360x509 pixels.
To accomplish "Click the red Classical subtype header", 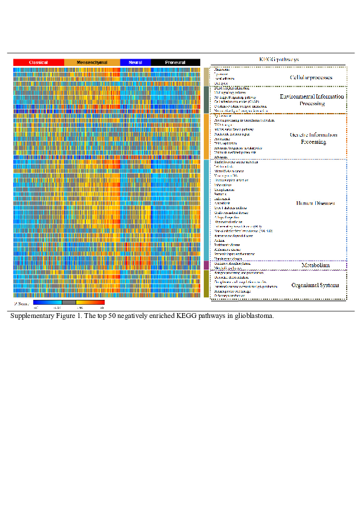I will point(39,62).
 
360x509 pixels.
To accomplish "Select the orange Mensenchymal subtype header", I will point(92,62).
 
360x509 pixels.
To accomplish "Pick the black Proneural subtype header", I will point(175,62).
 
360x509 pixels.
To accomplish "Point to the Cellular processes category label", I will point(311,78).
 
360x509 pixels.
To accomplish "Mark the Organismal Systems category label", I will point(312,285).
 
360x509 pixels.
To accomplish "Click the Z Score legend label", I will point(21,302).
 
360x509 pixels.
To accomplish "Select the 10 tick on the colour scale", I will point(102,308).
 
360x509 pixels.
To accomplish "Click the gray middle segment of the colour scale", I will point(69,302).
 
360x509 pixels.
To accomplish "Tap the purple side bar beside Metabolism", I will point(206,265).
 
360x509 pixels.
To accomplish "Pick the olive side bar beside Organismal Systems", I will point(206,284).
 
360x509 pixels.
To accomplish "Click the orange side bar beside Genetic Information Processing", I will point(206,136).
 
